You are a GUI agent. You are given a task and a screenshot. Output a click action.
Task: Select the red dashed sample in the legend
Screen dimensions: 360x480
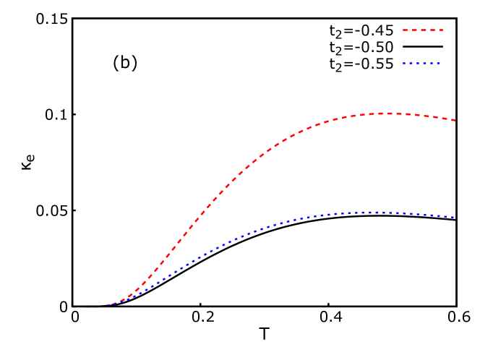point(423,30)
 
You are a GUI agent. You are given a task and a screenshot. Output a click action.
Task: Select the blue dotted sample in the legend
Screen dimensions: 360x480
point(421,63)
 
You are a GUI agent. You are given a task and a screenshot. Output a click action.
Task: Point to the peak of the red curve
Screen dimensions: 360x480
point(387,113)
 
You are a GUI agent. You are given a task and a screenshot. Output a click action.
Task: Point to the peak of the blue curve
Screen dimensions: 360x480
point(372,212)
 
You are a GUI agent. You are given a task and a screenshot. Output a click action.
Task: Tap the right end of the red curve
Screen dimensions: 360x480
point(454,120)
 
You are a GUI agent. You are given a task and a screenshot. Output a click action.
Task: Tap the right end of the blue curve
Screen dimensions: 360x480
point(453,217)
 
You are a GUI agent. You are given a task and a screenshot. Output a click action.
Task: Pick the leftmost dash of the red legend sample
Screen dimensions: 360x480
point(406,30)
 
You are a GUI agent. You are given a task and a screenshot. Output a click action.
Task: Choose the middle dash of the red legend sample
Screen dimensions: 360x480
point(424,30)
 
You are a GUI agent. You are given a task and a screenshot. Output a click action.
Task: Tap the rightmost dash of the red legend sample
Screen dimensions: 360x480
point(441,30)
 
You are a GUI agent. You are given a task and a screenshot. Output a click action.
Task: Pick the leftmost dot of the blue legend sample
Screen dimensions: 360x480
point(404,63)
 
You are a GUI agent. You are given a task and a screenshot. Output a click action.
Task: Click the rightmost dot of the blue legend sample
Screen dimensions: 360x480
point(438,63)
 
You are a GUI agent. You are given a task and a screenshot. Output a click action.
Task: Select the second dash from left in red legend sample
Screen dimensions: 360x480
point(414,30)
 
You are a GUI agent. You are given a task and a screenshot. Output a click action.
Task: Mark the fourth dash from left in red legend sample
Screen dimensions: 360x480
point(432,30)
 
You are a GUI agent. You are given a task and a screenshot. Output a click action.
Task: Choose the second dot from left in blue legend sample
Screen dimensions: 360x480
point(411,63)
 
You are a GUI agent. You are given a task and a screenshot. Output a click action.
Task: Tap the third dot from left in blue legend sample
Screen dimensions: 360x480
point(418,63)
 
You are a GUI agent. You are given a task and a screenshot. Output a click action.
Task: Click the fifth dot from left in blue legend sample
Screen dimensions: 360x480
point(432,63)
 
